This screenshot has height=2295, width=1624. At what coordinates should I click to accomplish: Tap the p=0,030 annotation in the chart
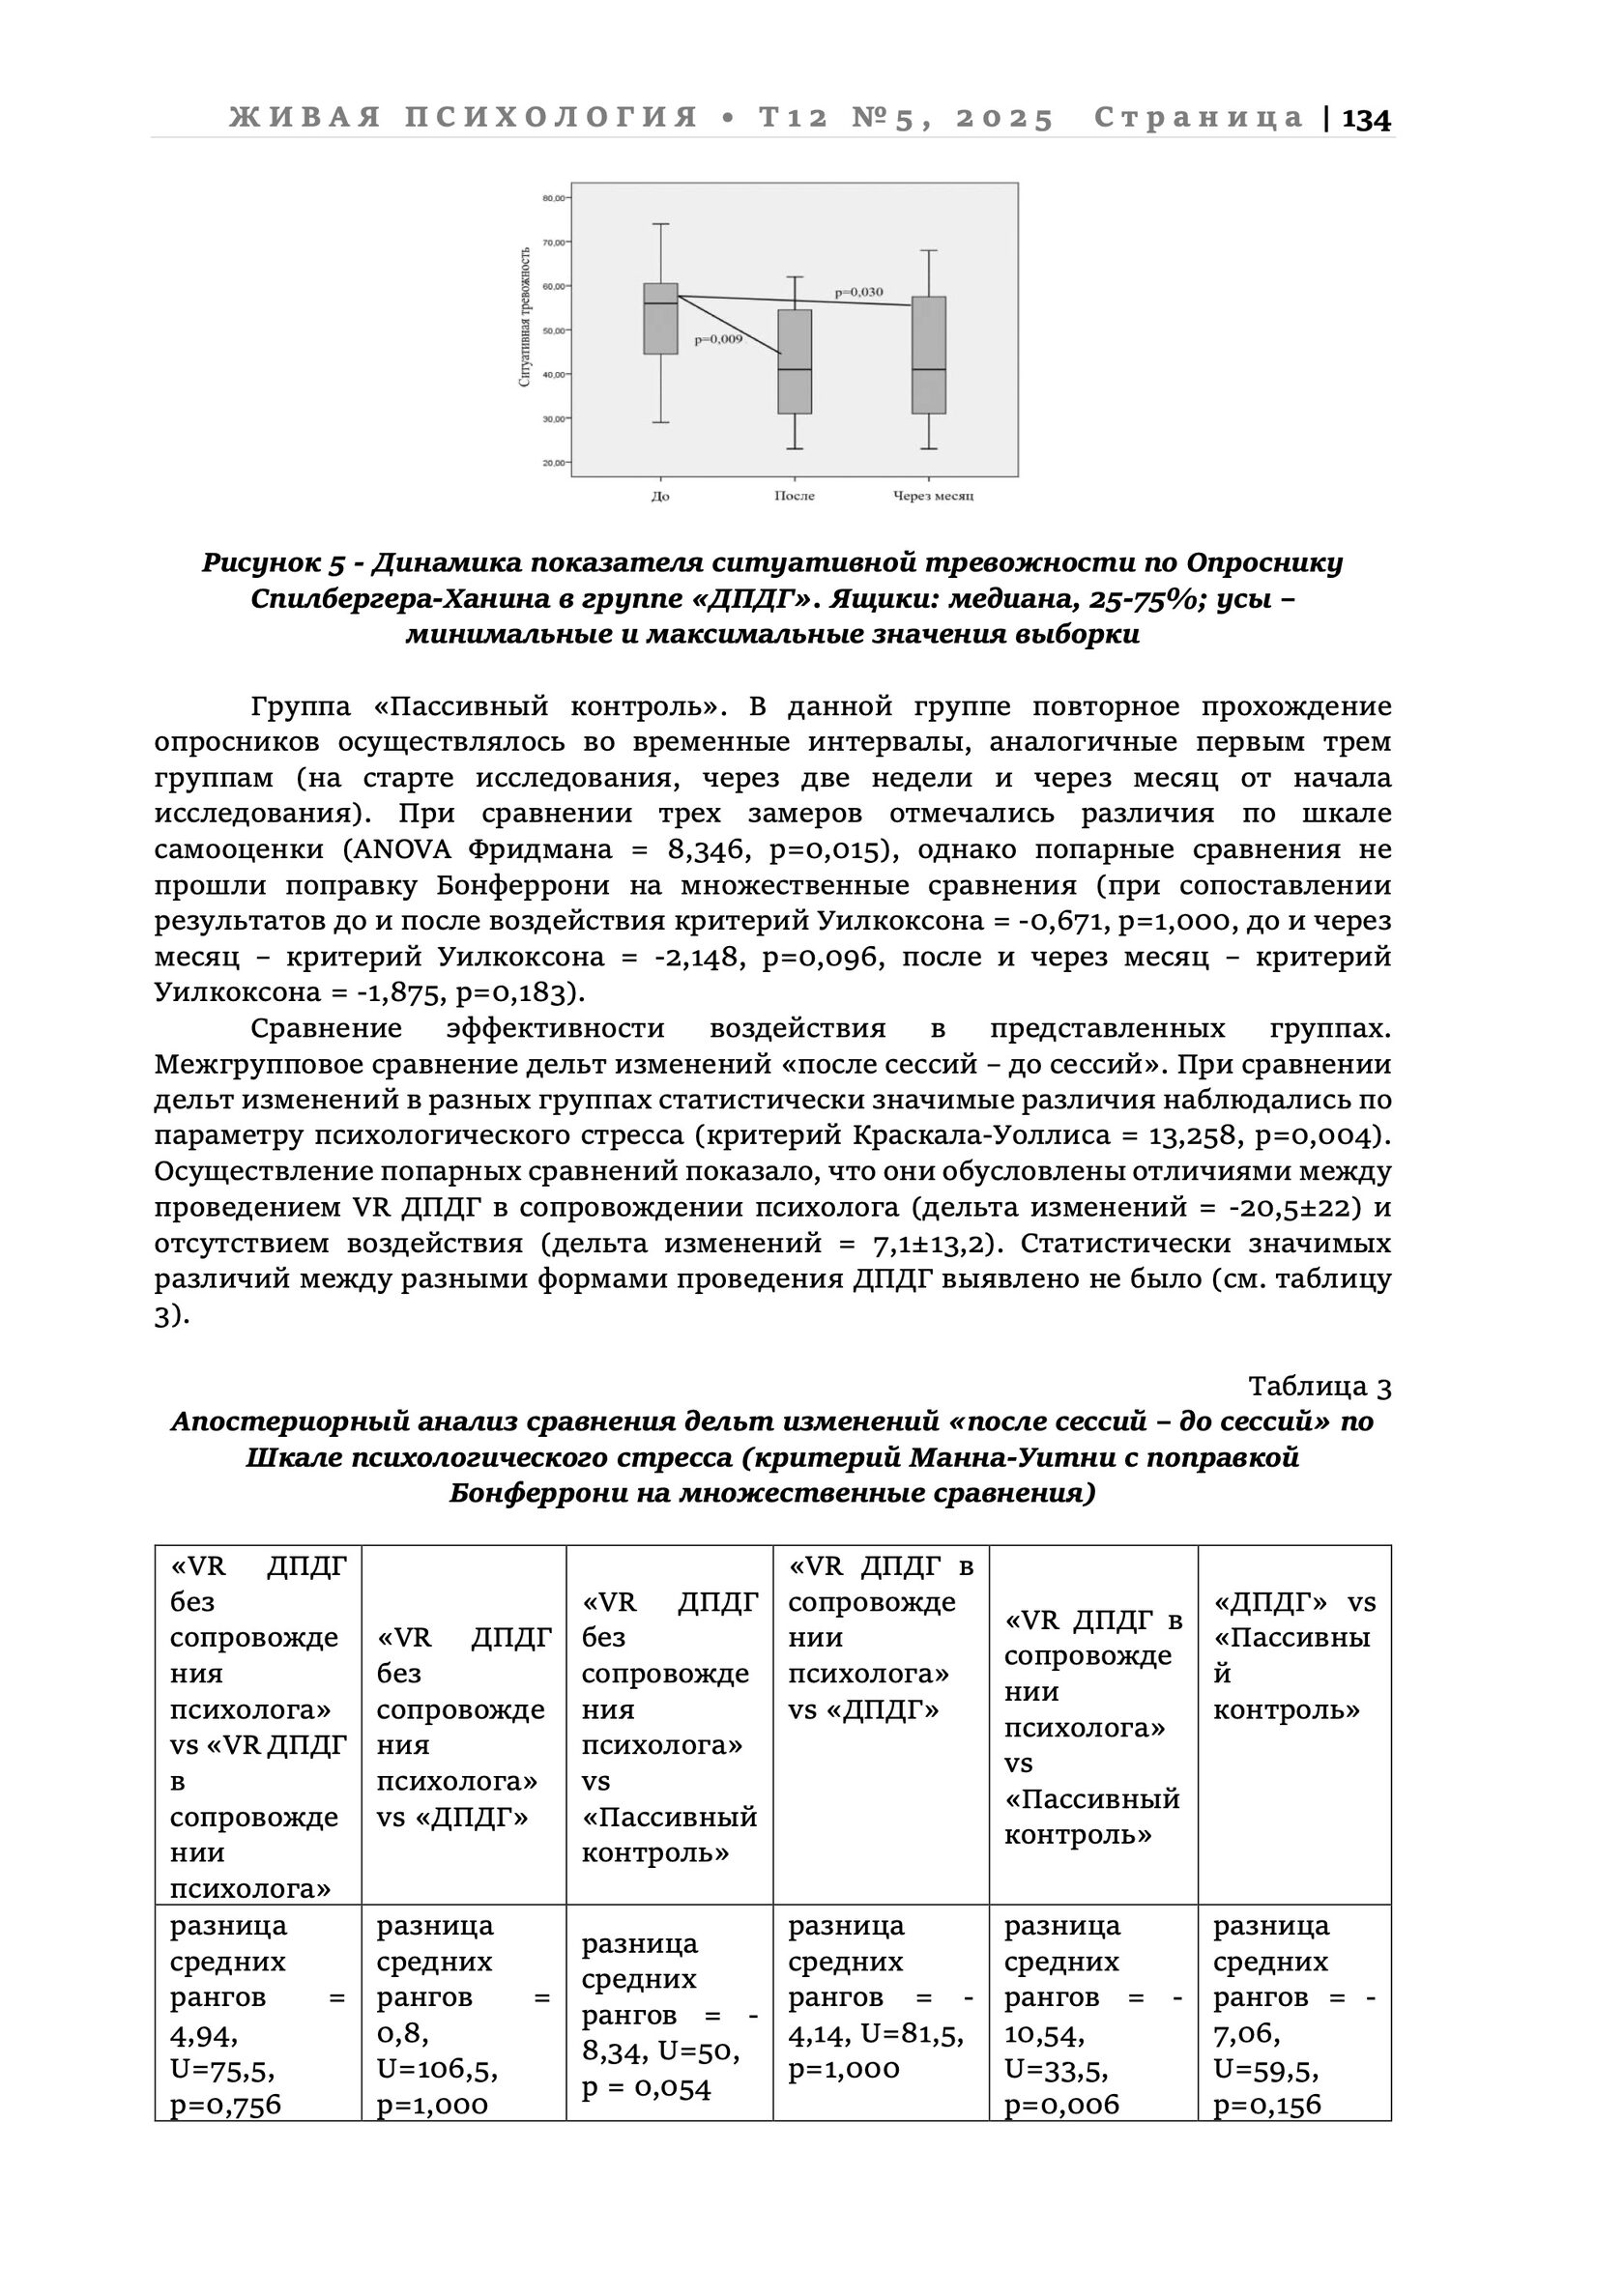(859, 292)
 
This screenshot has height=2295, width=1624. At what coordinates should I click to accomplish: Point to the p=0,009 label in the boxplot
(718, 340)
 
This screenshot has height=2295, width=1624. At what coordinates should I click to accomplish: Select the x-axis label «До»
(660, 496)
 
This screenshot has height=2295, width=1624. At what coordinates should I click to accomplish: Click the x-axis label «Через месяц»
(932, 496)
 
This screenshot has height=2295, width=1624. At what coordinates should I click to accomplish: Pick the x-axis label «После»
(794, 496)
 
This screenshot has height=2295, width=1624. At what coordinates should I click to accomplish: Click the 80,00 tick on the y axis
(553, 198)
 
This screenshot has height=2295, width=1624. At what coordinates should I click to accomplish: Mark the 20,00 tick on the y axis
(553, 463)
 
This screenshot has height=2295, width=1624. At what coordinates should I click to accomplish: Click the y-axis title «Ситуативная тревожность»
(525, 318)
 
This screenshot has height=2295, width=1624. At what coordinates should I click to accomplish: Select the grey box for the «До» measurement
(660, 319)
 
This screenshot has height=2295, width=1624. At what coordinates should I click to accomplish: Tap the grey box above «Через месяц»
(929, 355)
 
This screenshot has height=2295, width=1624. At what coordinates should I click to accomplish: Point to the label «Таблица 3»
(1319, 1387)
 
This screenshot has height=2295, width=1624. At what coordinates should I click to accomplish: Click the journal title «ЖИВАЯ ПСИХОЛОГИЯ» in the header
(463, 118)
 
